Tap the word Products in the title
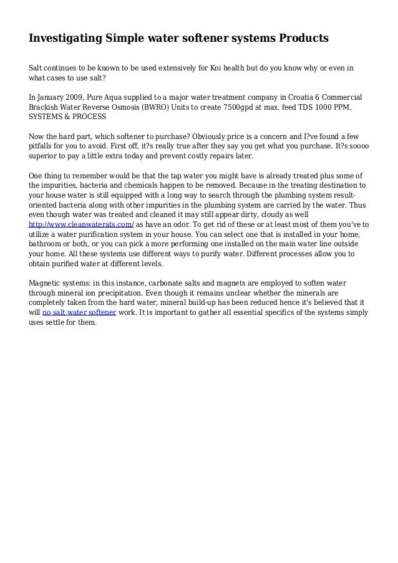(301, 39)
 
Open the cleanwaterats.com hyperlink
(81, 223)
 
